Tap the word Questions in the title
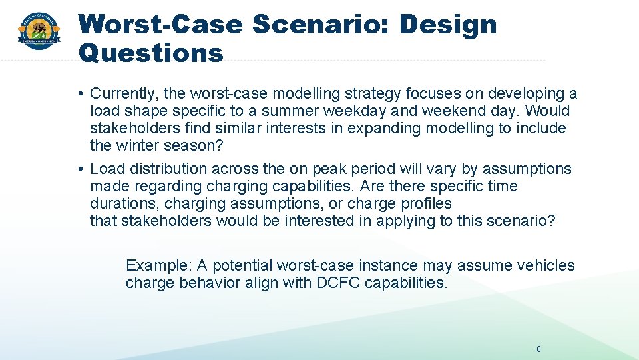[x=150, y=52]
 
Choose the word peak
[x=318, y=169]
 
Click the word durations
[x=124, y=203]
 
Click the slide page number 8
[x=539, y=349]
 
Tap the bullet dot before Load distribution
[x=79, y=169]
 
